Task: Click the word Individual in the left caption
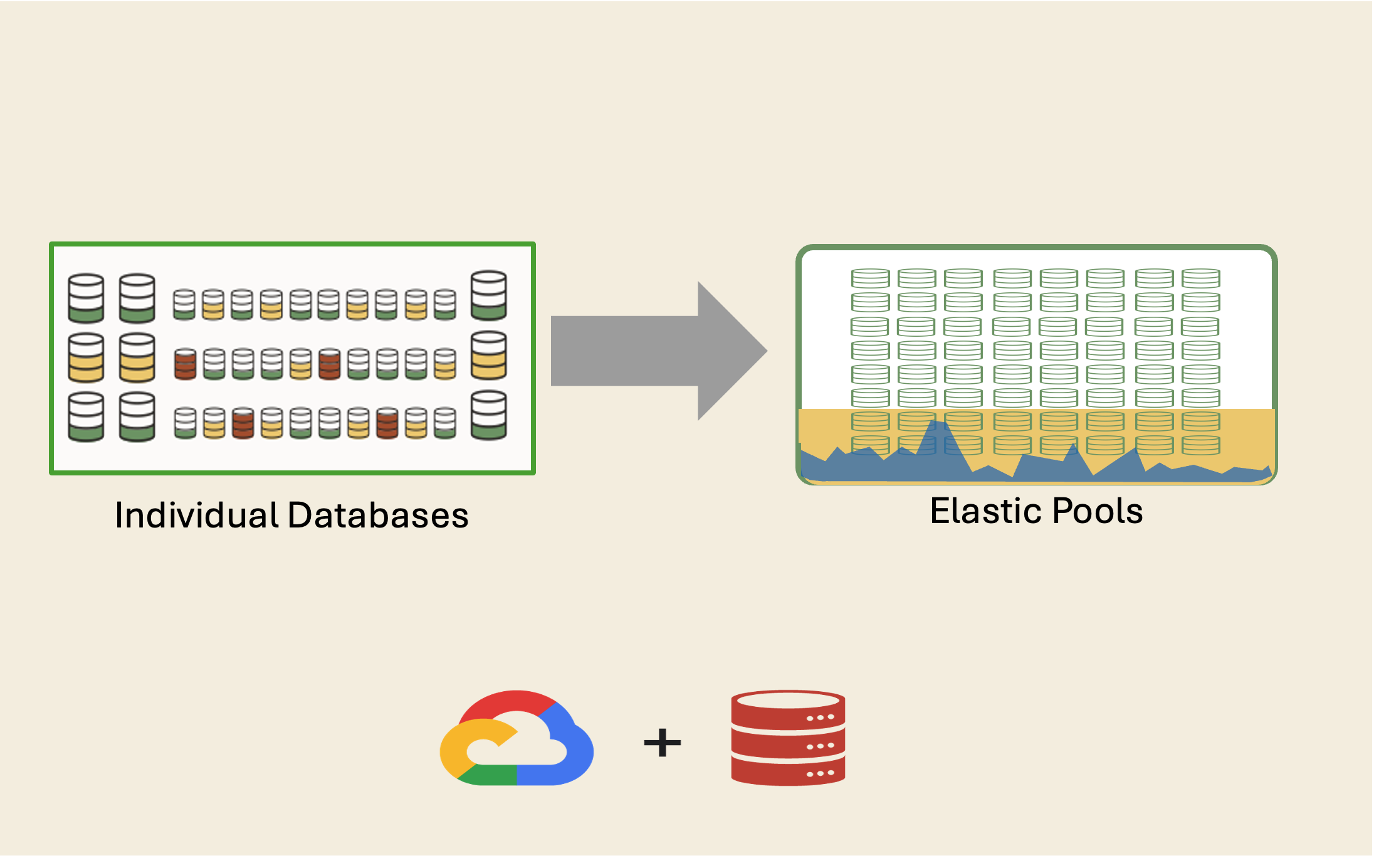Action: click(196, 516)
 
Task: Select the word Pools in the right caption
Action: click(1098, 511)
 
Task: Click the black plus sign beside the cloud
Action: click(662, 743)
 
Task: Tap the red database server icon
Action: click(788, 738)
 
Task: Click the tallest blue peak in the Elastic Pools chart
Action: click(938, 427)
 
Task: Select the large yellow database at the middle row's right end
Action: click(489, 356)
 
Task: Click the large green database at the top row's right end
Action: click(489, 295)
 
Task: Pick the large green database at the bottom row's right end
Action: click(489, 415)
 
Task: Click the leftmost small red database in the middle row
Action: click(185, 364)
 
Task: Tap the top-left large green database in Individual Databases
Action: click(86, 298)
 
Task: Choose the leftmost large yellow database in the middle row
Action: click(86, 357)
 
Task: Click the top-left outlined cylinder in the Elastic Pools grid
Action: click(870, 278)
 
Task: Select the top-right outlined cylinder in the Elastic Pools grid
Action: click(1200, 278)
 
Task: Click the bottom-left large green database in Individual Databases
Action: click(86, 417)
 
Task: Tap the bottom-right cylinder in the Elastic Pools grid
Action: click(1200, 445)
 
